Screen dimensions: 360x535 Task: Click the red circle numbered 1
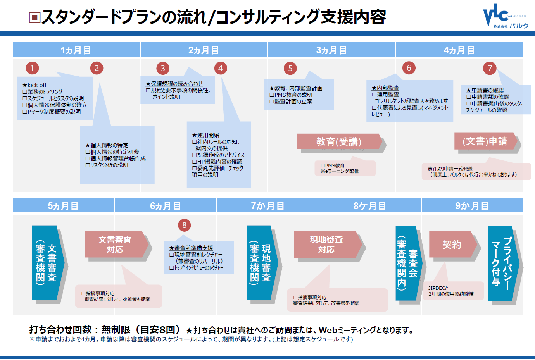32,68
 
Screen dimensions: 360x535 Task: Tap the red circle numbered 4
220,68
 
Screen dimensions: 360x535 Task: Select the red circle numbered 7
490,68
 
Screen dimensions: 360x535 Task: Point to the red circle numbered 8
184,225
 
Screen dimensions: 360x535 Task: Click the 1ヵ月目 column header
76,50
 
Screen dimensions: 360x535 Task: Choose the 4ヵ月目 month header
459,50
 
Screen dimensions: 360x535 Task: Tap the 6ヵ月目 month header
166,206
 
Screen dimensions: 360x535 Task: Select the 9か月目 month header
472,206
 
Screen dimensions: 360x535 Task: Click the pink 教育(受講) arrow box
339,142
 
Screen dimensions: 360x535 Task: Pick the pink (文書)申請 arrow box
485,141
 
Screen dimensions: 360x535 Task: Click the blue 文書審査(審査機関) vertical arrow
47,263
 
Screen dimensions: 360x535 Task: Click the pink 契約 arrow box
452,245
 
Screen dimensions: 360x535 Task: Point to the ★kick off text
35,85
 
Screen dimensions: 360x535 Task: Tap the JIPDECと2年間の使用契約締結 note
451,291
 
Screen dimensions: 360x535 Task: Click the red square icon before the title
35,17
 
